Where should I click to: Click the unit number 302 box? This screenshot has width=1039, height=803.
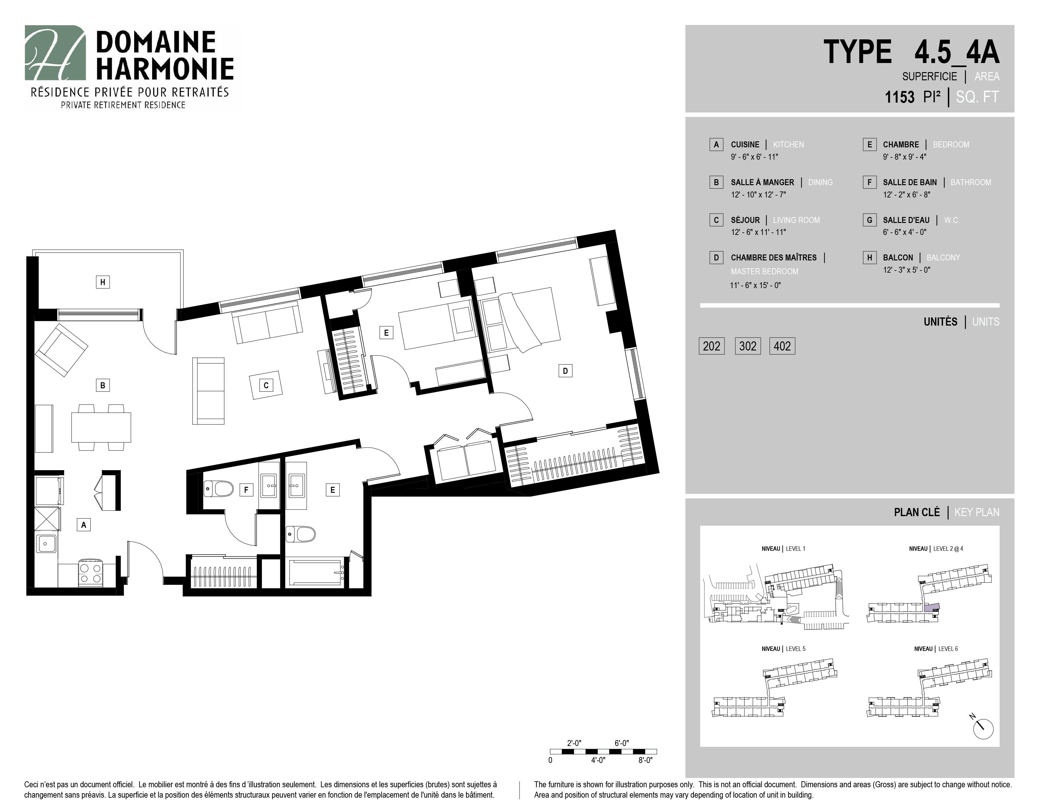[x=747, y=346]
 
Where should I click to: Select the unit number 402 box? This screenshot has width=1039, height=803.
[x=782, y=346]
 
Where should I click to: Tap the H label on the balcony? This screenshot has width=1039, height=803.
[x=102, y=282]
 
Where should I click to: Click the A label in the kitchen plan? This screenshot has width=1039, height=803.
[x=84, y=525]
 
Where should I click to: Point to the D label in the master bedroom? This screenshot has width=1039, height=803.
[x=565, y=371]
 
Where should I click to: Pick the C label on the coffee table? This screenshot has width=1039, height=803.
[x=266, y=385]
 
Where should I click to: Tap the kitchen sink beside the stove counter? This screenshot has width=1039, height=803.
[x=47, y=543]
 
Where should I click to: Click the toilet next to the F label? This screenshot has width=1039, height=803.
[x=219, y=488]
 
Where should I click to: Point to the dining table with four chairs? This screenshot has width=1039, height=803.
[x=101, y=428]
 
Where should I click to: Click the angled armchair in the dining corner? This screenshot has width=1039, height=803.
[x=61, y=350]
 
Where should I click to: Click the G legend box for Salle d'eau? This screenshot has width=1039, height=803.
[x=870, y=220]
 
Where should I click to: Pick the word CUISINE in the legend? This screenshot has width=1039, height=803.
[x=745, y=145]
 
